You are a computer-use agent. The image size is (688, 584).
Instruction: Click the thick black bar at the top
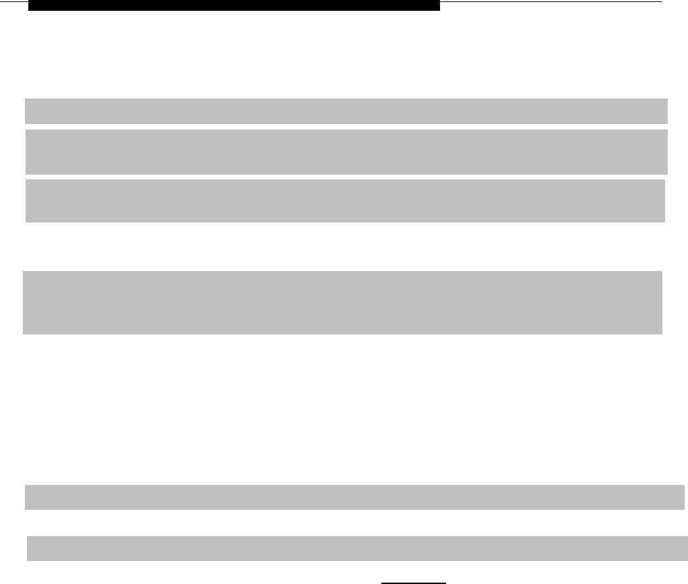pyautogui.click(x=234, y=5)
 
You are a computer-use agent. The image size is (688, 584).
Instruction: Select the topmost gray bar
pyautogui.click(x=346, y=111)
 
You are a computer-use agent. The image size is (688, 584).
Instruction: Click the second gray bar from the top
pyautogui.click(x=346, y=152)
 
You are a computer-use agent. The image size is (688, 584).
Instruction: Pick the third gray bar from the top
pyautogui.click(x=345, y=201)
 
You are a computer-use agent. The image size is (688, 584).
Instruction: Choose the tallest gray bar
pyautogui.click(x=342, y=303)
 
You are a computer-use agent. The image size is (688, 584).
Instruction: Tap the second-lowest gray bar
pyautogui.click(x=354, y=497)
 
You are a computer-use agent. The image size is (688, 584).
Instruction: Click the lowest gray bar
pyautogui.click(x=352, y=548)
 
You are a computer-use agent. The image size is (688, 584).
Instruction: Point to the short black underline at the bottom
pyautogui.click(x=414, y=581)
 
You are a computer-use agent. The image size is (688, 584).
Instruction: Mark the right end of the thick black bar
pyautogui.click(x=437, y=5)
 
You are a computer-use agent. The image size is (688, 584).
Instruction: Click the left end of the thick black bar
pyautogui.click(x=30, y=5)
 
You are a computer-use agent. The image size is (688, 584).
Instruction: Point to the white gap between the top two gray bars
pyautogui.click(x=346, y=126)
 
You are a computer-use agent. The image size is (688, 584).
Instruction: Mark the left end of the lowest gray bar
pyautogui.click(x=29, y=548)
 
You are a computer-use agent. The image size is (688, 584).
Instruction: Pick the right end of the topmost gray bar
pyautogui.click(x=665, y=111)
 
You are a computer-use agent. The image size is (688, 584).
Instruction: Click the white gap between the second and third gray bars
pyautogui.click(x=346, y=177)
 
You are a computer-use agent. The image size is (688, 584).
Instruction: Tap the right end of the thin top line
pyautogui.click(x=662, y=2)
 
